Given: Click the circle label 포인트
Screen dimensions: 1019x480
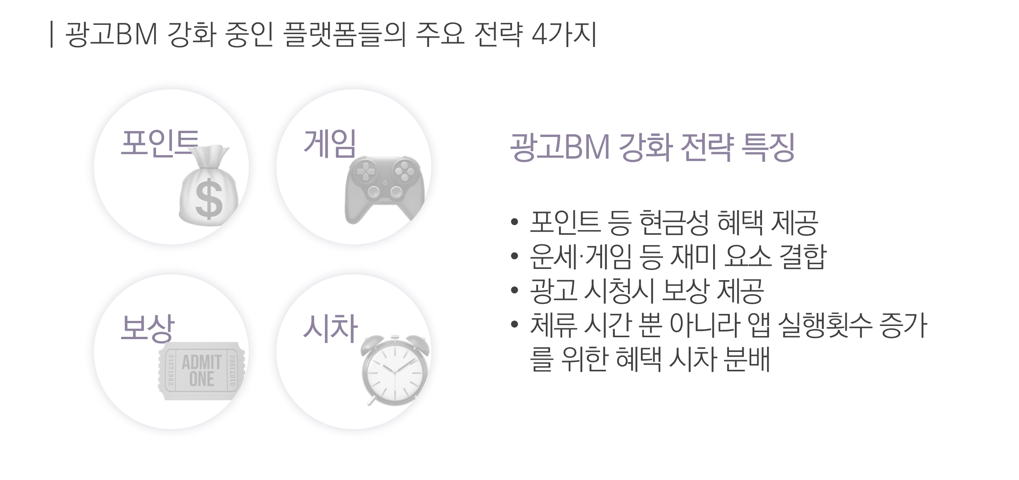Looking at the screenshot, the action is coord(160,143).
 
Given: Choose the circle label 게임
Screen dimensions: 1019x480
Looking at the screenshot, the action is coord(330,143).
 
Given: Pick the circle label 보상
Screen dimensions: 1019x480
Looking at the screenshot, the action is coord(147,328).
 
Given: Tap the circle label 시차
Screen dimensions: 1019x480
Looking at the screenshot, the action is coord(330,328).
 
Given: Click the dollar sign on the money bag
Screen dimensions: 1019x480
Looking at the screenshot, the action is coord(209,199).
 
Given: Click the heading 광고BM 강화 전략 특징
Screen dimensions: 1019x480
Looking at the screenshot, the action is coord(652,147).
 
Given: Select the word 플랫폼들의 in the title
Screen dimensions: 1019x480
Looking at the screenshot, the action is coord(345,34).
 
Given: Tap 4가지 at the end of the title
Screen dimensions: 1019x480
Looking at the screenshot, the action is coord(564,34).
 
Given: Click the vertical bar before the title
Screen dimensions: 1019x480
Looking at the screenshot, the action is coord(52,35).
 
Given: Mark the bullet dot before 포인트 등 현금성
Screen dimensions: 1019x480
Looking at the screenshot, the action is coord(514,222).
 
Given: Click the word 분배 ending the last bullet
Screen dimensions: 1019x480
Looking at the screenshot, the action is coord(746,359).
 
